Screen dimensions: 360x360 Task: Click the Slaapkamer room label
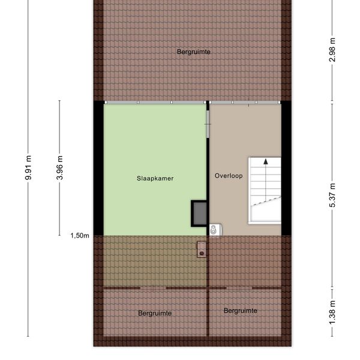(155, 178)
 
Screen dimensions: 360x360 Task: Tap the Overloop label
(229, 176)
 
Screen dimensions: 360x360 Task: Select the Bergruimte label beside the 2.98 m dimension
(194, 52)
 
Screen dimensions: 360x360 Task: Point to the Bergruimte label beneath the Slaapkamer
(155, 313)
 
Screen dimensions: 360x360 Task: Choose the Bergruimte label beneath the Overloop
(241, 311)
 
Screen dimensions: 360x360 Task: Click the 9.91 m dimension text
(28, 167)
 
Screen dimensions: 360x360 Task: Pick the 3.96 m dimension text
(59, 167)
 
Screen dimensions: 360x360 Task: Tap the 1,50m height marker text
(80, 236)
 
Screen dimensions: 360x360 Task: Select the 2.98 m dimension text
(332, 50)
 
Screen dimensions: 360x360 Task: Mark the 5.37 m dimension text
(332, 196)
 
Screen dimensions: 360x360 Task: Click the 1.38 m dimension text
(332, 313)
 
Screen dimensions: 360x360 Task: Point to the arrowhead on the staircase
(266, 161)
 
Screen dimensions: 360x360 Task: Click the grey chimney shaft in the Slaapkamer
(199, 214)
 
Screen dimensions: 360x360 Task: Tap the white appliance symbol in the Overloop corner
(215, 230)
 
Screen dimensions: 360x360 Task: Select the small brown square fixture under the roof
(202, 250)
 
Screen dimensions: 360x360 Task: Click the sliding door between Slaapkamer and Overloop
(208, 124)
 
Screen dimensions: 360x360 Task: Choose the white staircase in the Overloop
(265, 191)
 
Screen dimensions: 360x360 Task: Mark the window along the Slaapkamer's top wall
(155, 103)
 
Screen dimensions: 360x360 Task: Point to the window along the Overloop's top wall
(245, 103)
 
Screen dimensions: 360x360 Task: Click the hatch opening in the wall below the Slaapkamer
(153, 288)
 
